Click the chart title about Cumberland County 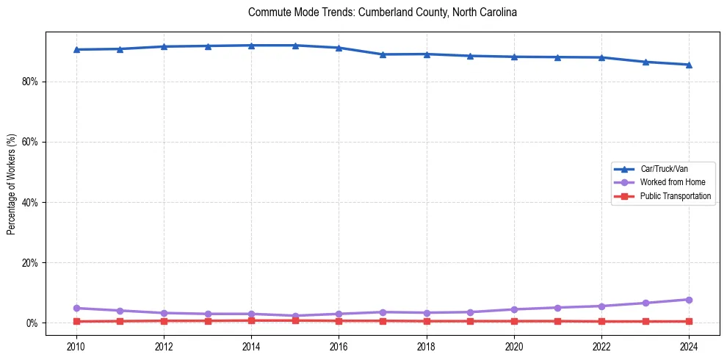[383, 12]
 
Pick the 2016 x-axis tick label [339, 346]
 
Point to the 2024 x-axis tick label [689, 346]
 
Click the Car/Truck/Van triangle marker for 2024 [689, 65]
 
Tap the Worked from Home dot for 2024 [689, 300]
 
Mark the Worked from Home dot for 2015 [295, 316]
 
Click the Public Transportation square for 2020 [514, 321]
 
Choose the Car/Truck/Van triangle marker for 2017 [383, 54]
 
